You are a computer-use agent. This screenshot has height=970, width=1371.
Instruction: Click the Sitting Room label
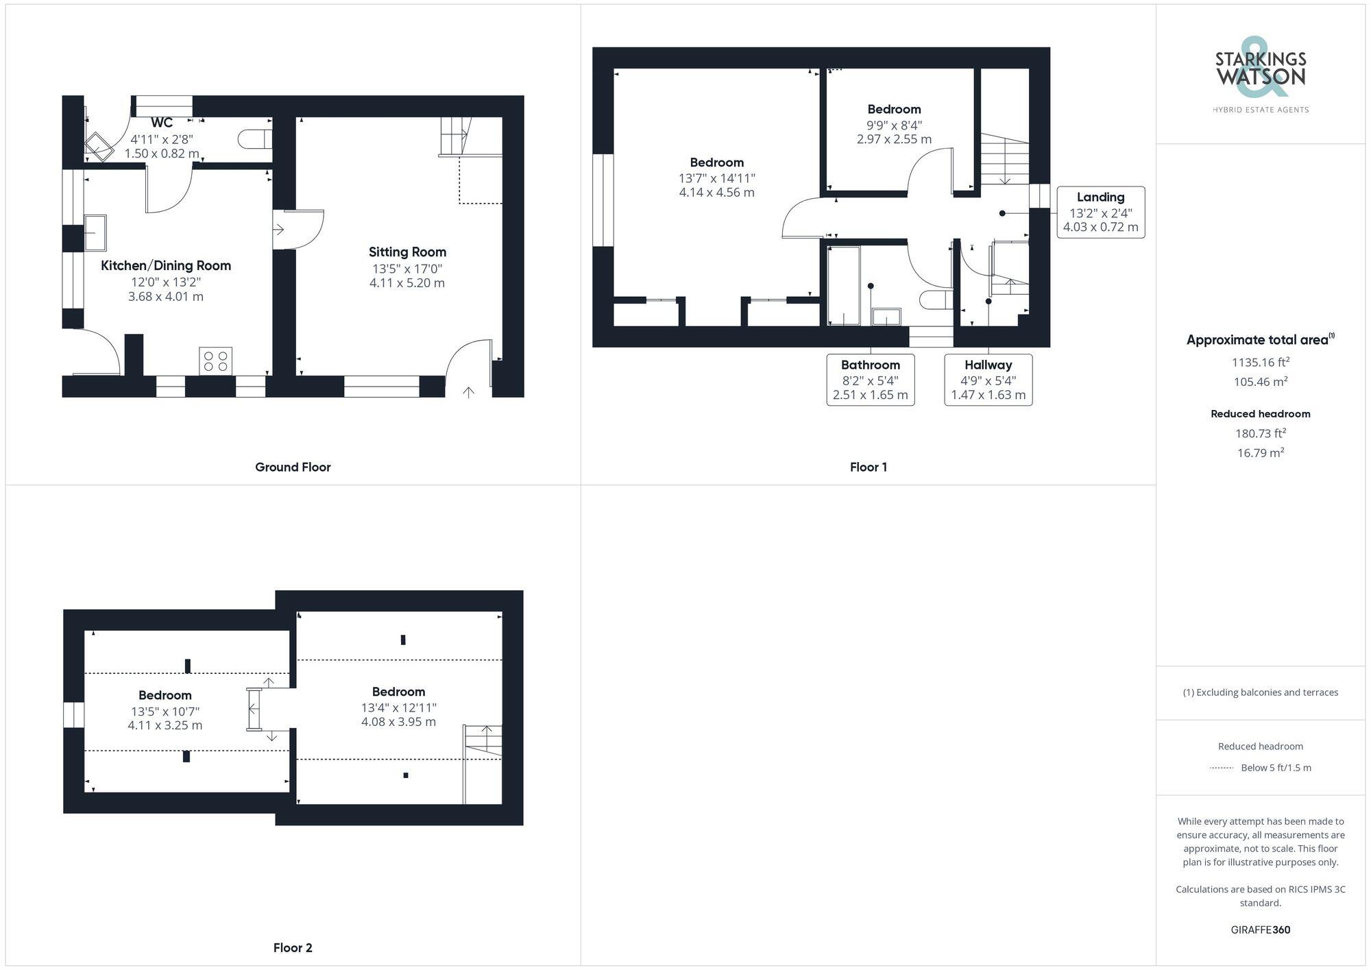click(407, 252)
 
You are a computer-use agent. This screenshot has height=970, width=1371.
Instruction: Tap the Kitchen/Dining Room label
click(166, 266)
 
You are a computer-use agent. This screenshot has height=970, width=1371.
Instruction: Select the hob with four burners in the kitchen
click(215, 361)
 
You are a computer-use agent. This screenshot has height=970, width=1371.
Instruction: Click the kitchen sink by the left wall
click(95, 232)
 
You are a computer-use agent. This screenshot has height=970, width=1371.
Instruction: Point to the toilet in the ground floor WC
click(254, 139)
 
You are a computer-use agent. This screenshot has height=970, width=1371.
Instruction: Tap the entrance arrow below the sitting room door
click(469, 392)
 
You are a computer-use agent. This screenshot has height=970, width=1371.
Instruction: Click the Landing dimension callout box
click(1100, 213)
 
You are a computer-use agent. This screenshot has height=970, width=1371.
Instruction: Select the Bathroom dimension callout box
click(870, 380)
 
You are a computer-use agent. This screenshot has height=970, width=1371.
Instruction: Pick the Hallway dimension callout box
click(988, 380)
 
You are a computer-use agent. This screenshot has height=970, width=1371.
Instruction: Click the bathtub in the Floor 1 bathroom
click(843, 286)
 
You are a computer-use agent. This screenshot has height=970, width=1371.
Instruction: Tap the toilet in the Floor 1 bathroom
click(936, 300)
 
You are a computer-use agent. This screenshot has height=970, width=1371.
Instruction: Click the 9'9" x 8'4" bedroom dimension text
click(894, 125)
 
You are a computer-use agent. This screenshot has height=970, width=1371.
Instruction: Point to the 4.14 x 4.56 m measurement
click(716, 193)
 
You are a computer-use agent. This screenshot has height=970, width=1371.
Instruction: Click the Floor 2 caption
click(293, 947)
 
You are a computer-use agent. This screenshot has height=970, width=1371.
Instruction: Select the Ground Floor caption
click(293, 467)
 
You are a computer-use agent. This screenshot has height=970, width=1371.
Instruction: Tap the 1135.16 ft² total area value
click(1260, 363)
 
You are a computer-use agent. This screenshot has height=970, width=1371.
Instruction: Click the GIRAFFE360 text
click(1260, 930)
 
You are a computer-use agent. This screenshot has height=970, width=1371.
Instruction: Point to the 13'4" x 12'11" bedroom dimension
click(398, 707)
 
